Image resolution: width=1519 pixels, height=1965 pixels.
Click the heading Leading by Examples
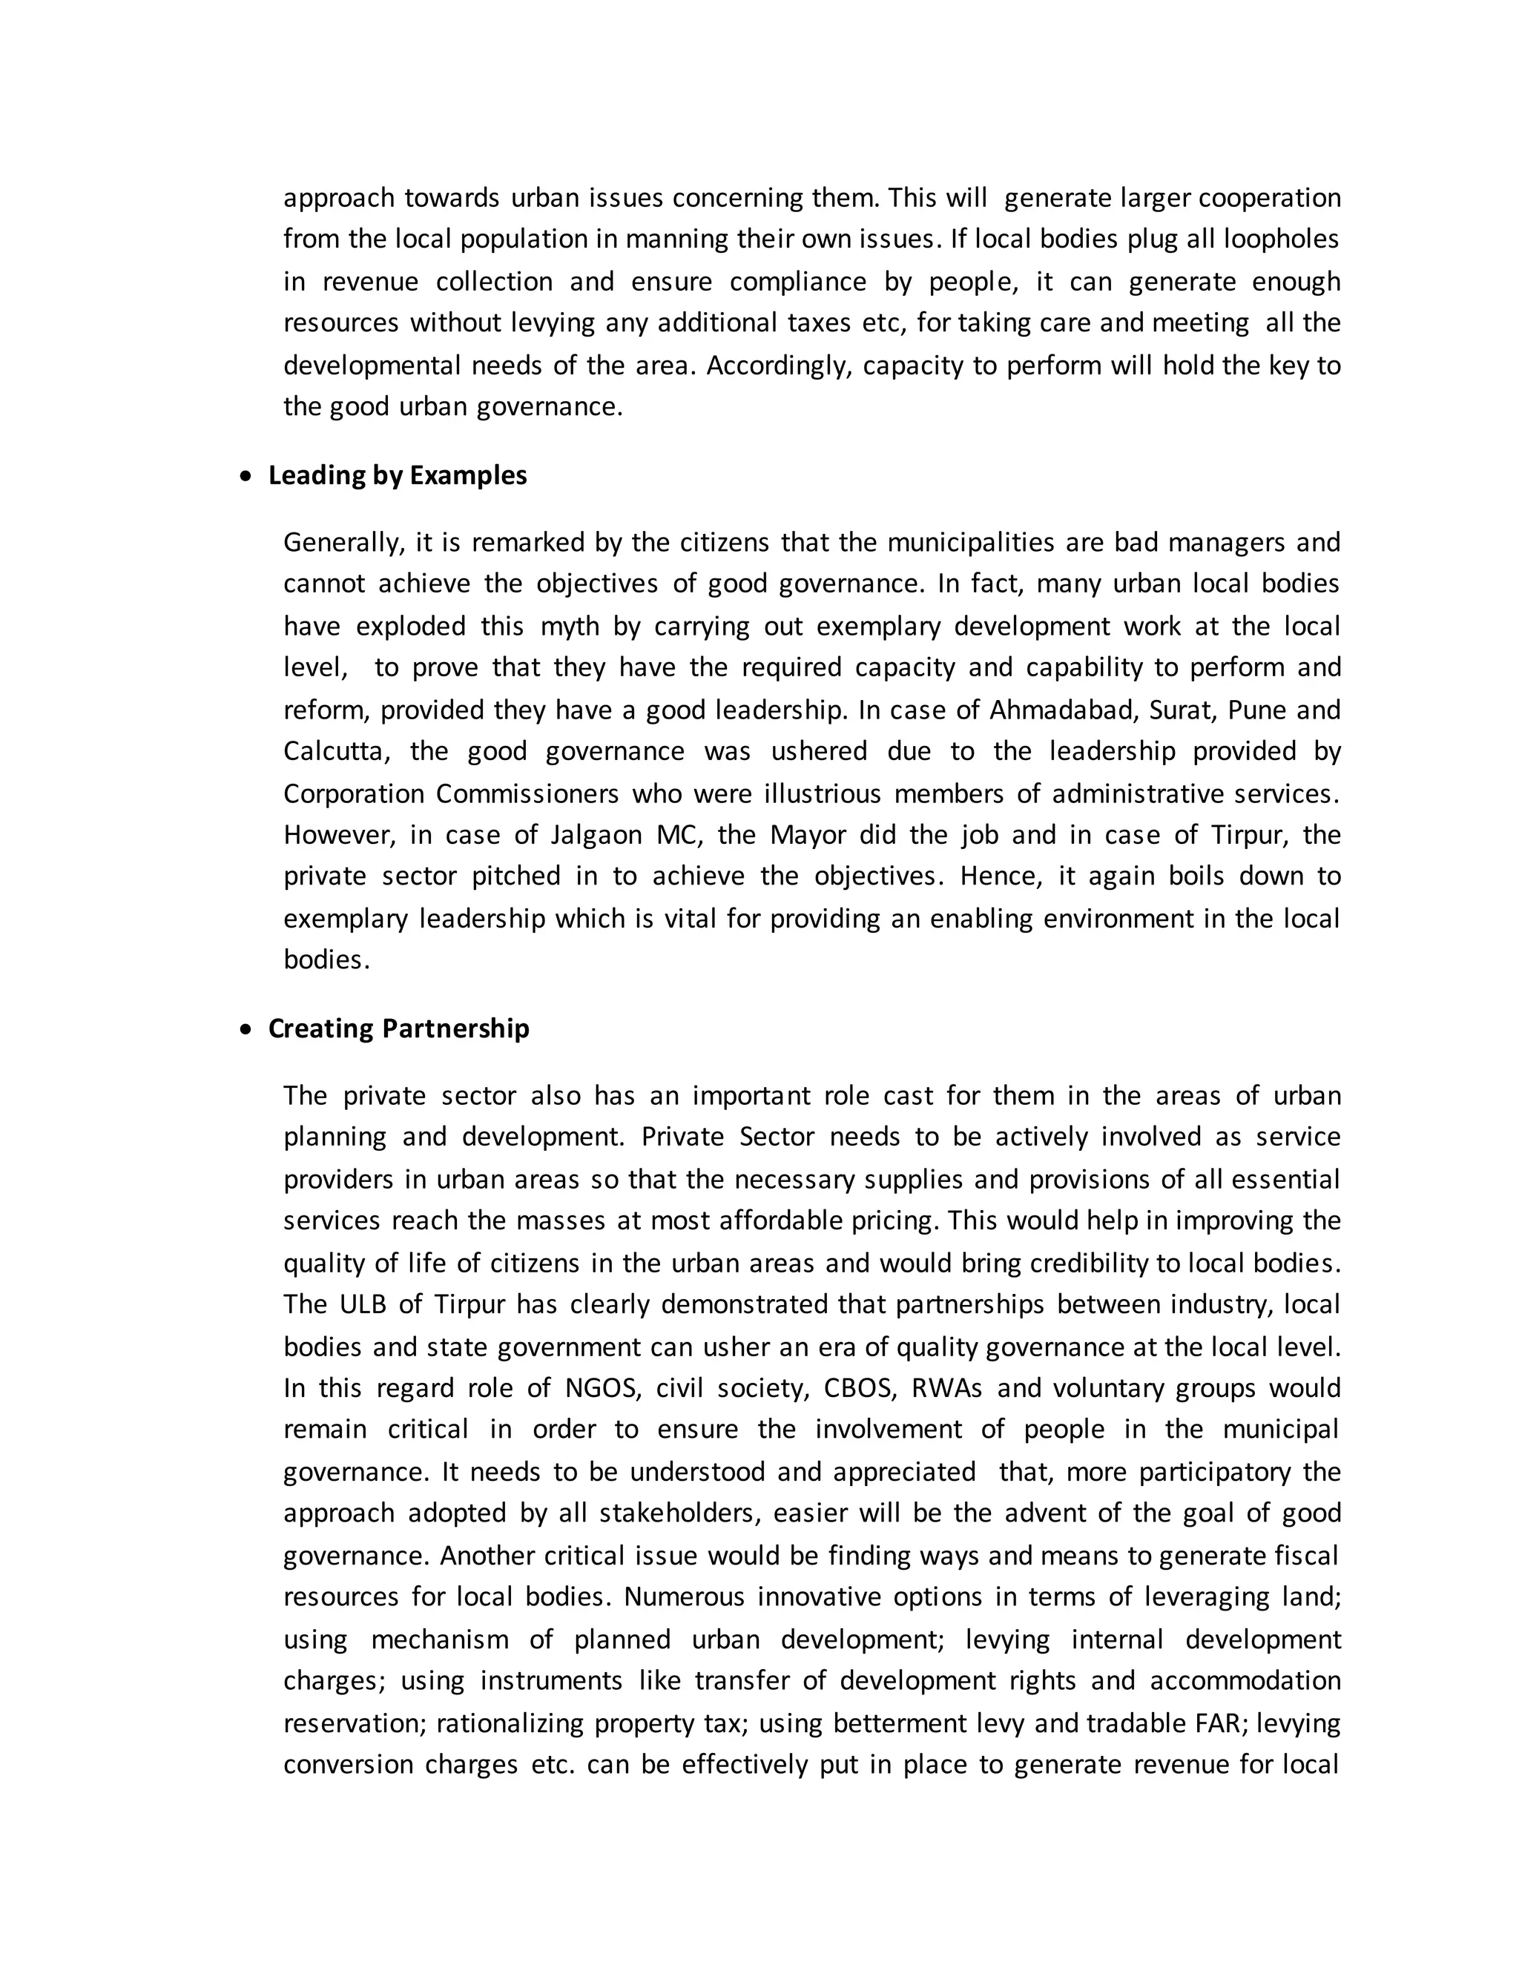397,475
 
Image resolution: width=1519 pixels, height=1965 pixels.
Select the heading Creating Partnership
398,1028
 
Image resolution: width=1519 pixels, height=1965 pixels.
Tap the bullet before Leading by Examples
246,477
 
